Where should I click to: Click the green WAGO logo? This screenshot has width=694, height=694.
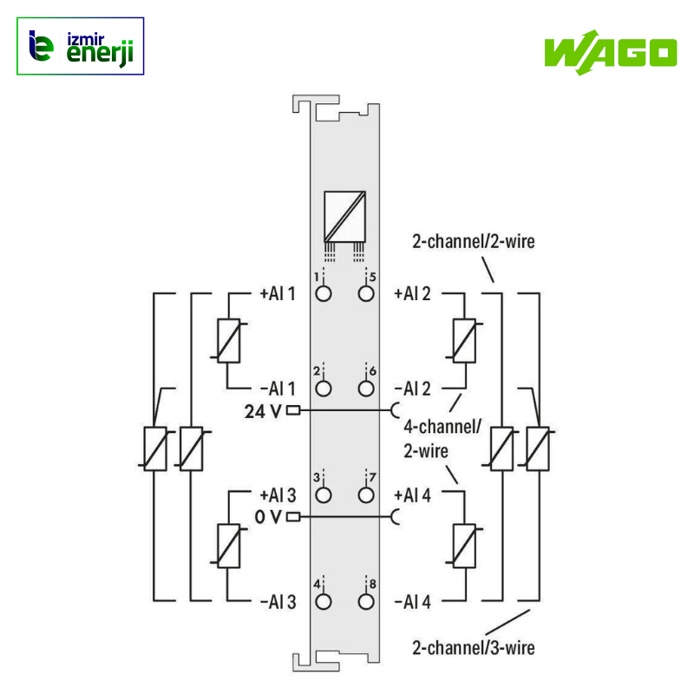pos(610,51)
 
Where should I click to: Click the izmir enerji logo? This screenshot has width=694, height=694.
pos(81,46)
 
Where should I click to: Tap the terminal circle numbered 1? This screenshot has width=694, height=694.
pos(324,293)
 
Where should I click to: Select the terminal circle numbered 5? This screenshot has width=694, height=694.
pos(366,293)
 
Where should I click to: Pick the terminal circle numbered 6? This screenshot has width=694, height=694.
pos(366,388)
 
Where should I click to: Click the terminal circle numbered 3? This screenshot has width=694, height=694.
pos(324,495)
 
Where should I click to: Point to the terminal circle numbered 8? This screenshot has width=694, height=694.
pos(366,601)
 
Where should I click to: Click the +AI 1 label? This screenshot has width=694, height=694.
pos(278,293)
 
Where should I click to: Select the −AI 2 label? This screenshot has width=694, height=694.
pos(412,388)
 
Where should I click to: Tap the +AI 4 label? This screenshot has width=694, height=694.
pos(412,495)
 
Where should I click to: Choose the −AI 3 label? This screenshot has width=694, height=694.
pos(278,601)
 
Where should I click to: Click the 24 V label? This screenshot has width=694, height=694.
pos(262,411)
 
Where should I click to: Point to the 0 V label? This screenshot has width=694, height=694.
pos(268,518)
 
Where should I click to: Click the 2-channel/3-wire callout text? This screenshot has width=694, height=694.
pos(474,647)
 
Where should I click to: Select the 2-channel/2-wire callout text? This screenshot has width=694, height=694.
pos(474,242)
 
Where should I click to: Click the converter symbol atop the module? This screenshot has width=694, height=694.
pos(344,214)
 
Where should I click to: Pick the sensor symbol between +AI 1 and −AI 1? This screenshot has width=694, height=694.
pos(227,340)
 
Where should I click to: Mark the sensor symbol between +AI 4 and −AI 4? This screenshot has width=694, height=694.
pos(465,547)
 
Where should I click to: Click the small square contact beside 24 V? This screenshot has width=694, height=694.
pos(293,410)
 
